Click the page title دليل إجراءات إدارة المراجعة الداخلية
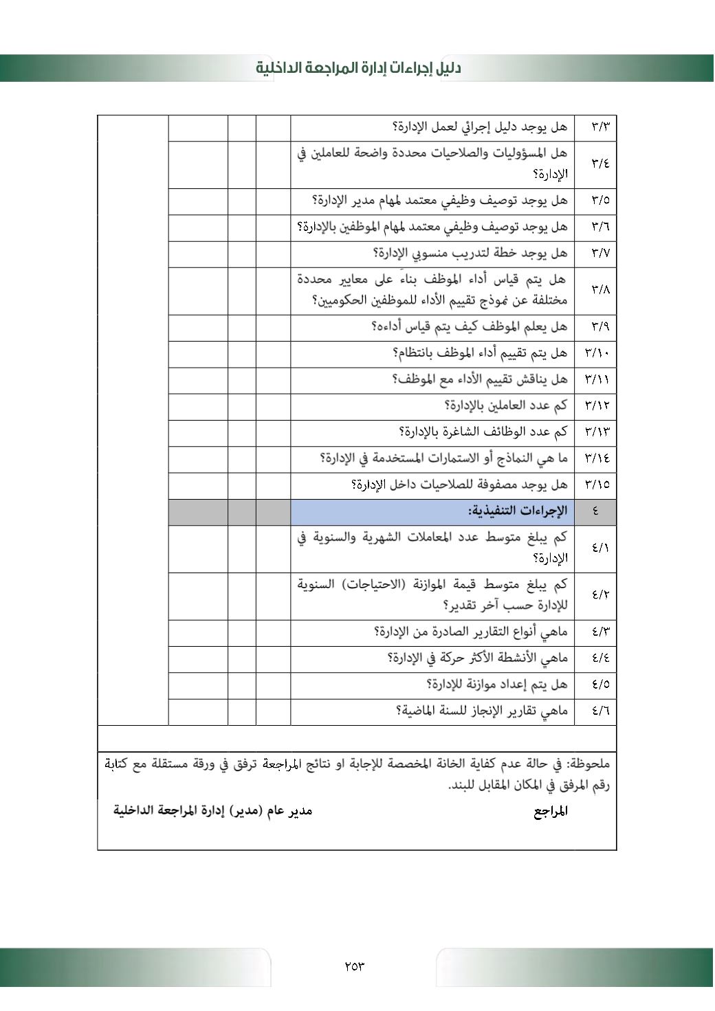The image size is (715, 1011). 358,68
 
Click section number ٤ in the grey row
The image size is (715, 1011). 595,511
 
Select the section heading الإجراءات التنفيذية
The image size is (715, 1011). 518,511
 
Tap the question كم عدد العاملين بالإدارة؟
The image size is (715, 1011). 506,405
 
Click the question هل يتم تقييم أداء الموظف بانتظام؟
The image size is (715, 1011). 480,353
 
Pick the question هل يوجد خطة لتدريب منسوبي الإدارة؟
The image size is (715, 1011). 470,253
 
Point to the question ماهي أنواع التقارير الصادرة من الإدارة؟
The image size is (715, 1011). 471,631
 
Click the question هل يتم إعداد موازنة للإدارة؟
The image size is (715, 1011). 497,685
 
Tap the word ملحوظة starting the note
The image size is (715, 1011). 586,764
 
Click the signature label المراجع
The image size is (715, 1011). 551,812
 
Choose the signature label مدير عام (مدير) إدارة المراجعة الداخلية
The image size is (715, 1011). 212,811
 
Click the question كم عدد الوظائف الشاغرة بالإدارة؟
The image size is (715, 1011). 483,432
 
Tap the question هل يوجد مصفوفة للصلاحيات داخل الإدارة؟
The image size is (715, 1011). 459,485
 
